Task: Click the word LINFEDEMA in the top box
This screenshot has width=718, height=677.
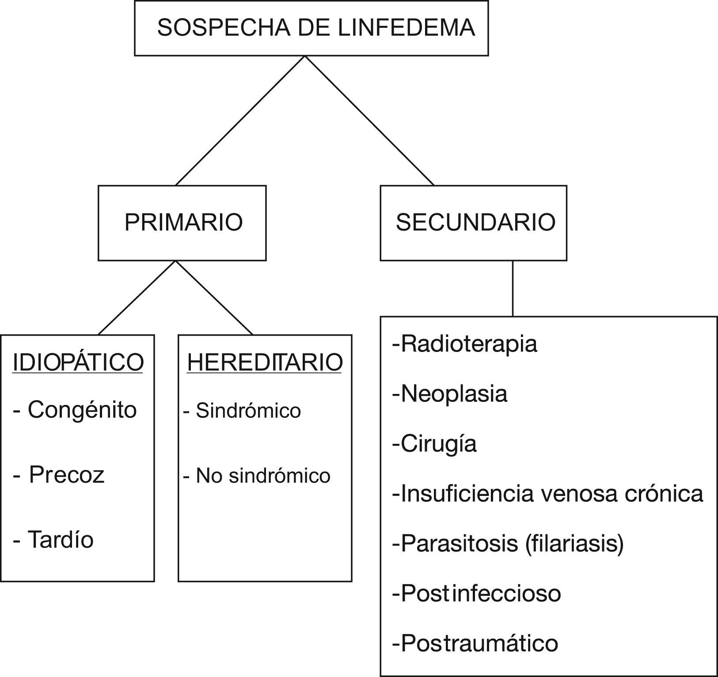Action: [406, 27]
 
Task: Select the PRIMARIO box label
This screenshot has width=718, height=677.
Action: [183, 222]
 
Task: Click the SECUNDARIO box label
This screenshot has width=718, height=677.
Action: [475, 222]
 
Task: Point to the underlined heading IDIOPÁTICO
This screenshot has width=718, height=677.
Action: [78, 363]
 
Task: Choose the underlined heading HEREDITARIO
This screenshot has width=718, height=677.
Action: [265, 363]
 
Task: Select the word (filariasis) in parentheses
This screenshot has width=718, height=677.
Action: [575, 543]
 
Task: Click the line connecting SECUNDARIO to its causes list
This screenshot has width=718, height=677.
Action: [513, 288]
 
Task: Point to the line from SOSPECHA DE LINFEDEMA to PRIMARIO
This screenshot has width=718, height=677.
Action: [240, 120]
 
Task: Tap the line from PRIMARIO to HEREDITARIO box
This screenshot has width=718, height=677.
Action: [214, 298]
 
